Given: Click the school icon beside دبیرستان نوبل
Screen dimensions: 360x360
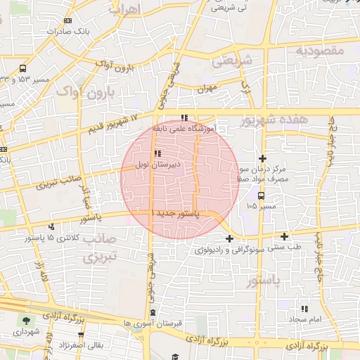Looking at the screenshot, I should [x=157, y=153].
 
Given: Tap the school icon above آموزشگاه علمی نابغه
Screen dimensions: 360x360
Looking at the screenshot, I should [x=184, y=118].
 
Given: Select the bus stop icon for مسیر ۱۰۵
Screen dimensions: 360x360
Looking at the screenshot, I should [x=262, y=196].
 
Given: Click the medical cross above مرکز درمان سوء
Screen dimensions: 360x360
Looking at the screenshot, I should [x=263, y=159].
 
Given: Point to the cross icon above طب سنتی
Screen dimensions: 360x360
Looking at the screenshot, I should [x=284, y=236].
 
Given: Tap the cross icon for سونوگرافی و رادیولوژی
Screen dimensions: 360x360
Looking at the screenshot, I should [x=229, y=238].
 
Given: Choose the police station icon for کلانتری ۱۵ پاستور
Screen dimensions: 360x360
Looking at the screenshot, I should [x=51, y=226].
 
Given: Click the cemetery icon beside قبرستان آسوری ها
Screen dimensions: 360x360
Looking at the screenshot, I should [x=153, y=313].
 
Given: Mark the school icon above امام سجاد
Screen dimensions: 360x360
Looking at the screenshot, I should [x=304, y=309].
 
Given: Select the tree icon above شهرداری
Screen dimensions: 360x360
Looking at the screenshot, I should [x=27, y=320].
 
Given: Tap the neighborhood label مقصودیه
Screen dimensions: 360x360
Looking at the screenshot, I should [x=319, y=51].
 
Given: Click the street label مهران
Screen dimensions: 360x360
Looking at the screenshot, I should [x=205, y=89].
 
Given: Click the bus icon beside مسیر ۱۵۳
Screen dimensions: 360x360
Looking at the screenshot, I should [x=23, y=69].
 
